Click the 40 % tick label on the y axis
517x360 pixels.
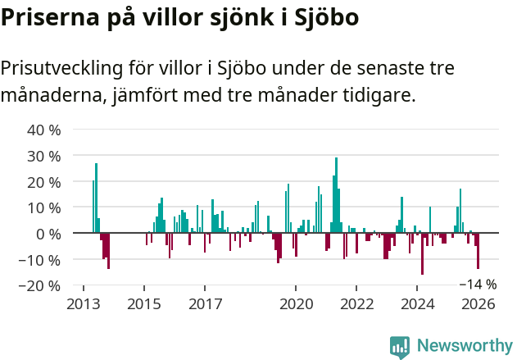click(x=44, y=130)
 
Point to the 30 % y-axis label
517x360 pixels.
click(x=44, y=156)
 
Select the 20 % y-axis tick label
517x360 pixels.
click(x=44, y=182)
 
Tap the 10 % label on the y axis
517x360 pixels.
click(x=44, y=207)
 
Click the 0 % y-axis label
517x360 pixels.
click(x=48, y=234)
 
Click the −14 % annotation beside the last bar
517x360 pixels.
click(x=478, y=285)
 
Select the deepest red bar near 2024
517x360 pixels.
click(x=423, y=254)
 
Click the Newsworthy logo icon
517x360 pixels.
click(x=400, y=347)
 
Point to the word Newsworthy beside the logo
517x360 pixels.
click(x=465, y=346)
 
